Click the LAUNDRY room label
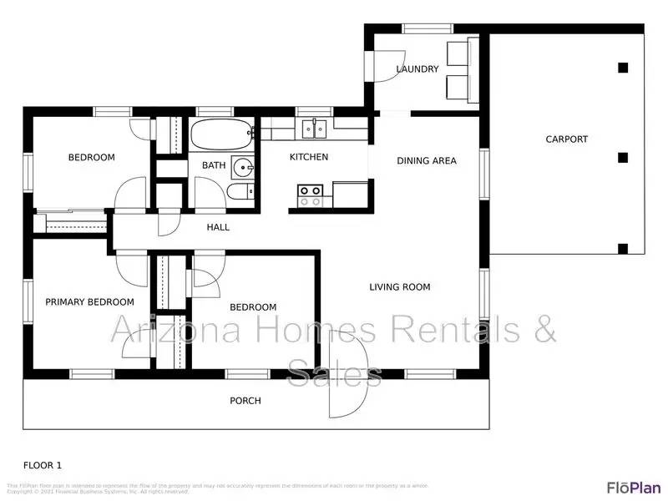[x=417, y=69]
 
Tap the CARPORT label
[x=567, y=139]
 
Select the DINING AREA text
[x=427, y=160]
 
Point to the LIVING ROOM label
[x=400, y=287]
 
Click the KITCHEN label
[x=309, y=157]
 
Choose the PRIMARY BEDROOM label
[x=89, y=302]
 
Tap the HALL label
[x=218, y=227]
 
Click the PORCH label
[x=245, y=401]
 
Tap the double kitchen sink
[x=314, y=129]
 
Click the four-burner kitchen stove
[x=311, y=195]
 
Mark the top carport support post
[x=622, y=68]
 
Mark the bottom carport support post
[x=622, y=248]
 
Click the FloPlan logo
[x=633, y=488]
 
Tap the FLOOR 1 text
[x=42, y=465]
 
